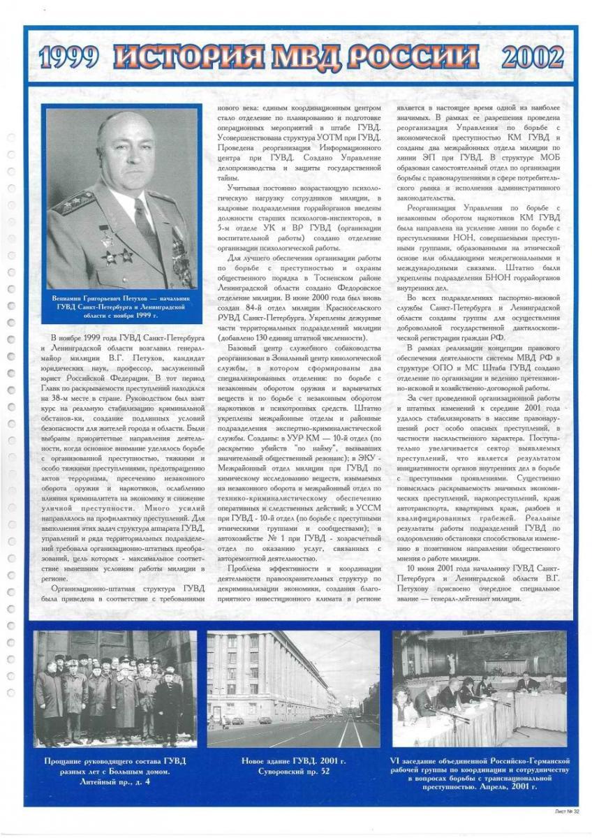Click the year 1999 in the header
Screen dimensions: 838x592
click(x=68, y=57)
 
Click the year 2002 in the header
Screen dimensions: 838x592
click(x=532, y=57)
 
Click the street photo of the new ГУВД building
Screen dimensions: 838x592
click(x=293, y=689)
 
